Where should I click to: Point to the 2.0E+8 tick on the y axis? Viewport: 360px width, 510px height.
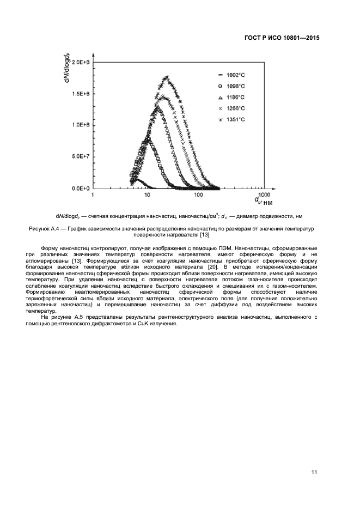pyautogui.click(x=81, y=63)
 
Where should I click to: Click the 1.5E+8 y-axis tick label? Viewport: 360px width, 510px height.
pyautogui.click(x=81, y=94)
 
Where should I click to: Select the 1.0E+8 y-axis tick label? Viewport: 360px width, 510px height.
pyautogui.click(x=81, y=125)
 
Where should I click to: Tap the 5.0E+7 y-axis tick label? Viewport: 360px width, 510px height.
pyautogui.click(x=81, y=157)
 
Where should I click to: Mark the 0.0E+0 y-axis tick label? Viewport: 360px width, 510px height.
pyautogui.click(x=81, y=189)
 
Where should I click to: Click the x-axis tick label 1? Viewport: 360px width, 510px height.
pyautogui.click(x=93, y=195)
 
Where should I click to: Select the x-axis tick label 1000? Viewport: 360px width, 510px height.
pyautogui.click(x=264, y=195)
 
